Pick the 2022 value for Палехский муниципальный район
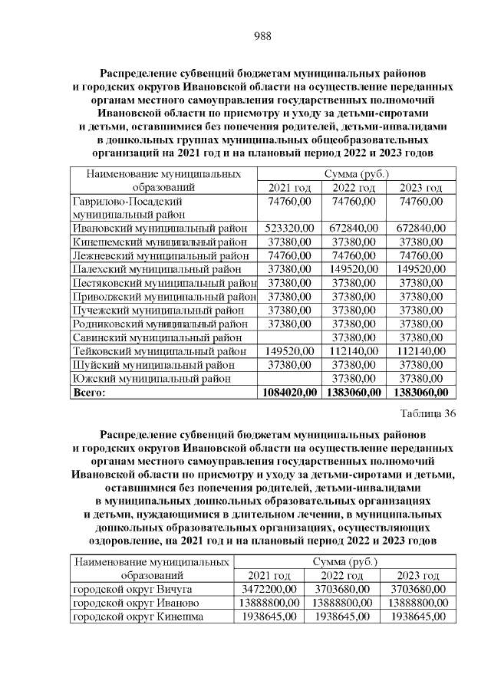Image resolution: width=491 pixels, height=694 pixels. [x=354, y=269]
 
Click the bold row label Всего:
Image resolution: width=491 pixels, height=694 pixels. [x=88, y=393]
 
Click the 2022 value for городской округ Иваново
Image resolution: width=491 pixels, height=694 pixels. [x=341, y=603]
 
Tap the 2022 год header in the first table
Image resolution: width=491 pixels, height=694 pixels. [x=354, y=188]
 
